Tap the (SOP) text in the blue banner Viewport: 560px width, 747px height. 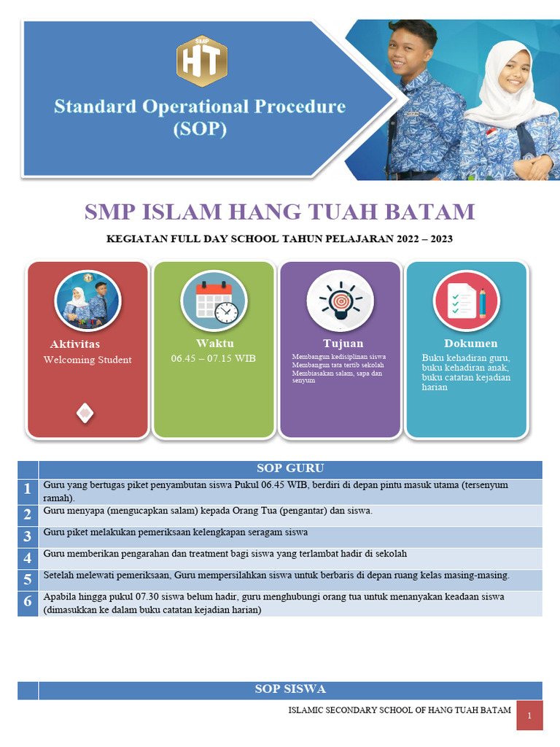coord(199,130)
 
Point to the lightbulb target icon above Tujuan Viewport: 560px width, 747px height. coord(340,301)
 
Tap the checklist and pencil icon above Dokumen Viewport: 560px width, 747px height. coord(466,301)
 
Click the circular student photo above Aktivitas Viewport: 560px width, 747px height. coord(87,301)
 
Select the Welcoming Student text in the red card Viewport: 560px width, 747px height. coord(87,360)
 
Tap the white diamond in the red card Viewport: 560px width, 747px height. coord(85,413)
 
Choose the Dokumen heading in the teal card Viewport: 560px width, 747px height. coord(470,344)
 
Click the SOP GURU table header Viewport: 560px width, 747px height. coord(290,468)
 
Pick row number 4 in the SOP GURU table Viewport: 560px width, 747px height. coord(28,558)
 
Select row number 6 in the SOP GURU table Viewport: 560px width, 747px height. coord(28,602)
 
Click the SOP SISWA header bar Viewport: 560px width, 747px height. coord(290,689)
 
